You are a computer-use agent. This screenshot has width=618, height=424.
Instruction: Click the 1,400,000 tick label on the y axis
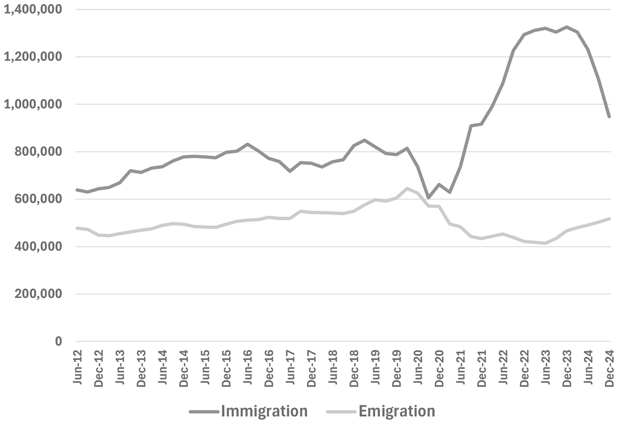pyautogui.click(x=32, y=9)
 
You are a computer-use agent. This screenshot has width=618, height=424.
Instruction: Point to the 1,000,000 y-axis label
pyautogui.click(x=32, y=104)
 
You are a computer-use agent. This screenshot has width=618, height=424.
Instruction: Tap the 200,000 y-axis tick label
pyautogui.click(x=38, y=294)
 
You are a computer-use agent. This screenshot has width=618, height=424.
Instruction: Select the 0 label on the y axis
pyautogui.click(x=58, y=341)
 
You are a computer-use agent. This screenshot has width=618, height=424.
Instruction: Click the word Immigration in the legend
pyautogui.click(x=264, y=411)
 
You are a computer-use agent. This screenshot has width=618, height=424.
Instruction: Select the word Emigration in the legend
pyautogui.click(x=397, y=411)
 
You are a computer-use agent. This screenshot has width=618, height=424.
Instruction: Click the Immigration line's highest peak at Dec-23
pyautogui.click(x=567, y=27)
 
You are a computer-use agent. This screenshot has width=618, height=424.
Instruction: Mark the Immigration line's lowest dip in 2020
pyautogui.click(x=428, y=198)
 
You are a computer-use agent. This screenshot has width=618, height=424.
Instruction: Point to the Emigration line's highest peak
pyautogui.click(x=407, y=188)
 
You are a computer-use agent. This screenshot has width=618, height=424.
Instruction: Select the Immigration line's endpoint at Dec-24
pyautogui.click(x=609, y=117)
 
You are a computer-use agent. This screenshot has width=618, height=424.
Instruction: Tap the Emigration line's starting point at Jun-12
pyautogui.click(x=77, y=228)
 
